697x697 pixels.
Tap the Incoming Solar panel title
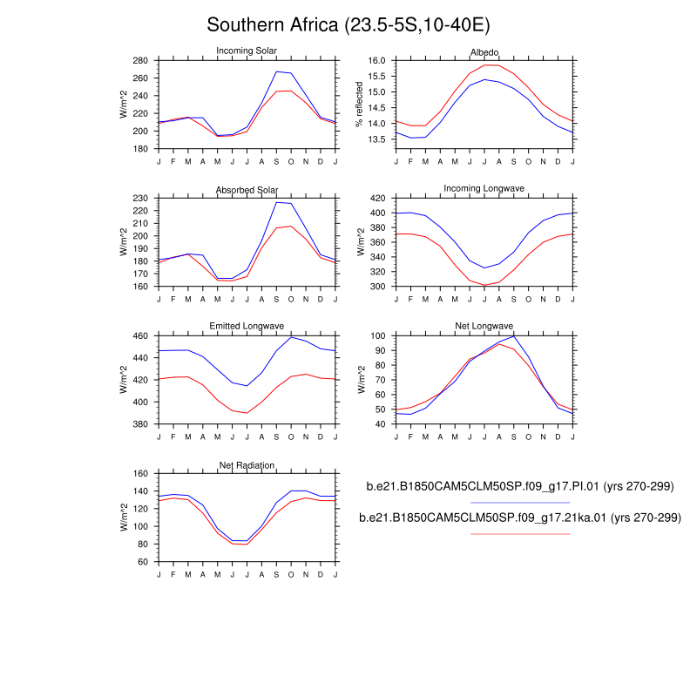pos(247,52)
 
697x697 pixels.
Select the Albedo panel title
pos(484,52)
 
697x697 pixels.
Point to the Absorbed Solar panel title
pos(247,190)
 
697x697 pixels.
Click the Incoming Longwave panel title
pos(484,189)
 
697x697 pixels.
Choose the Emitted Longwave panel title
pos(247,327)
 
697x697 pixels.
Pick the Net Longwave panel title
pos(484,327)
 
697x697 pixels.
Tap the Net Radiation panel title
pos(247,465)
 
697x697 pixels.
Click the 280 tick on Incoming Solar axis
pos(140,61)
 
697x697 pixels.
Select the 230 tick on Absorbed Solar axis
pos(140,199)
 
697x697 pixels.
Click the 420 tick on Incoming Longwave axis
pos(376,199)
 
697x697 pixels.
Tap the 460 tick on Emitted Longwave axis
pos(140,336)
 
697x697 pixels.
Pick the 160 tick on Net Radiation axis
pos(140,474)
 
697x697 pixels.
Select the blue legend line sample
pos(520,503)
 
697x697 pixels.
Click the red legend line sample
pos(520,533)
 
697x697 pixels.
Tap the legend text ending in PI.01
pos(520,486)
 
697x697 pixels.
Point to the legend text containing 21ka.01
pos(520,518)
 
